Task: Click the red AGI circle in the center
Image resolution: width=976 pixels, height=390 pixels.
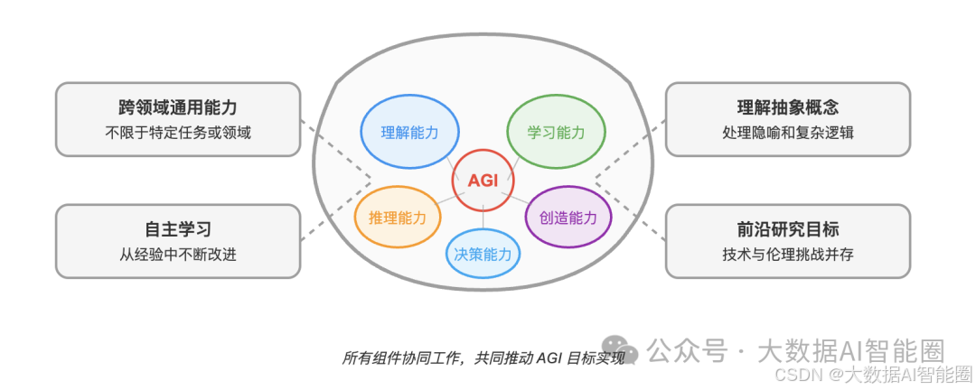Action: pos(483,180)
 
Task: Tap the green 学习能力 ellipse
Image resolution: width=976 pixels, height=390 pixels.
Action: pos(556,133)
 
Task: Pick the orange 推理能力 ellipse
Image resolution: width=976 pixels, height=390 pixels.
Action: pos(398,217)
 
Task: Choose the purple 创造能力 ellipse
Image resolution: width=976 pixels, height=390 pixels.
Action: pos(568,217)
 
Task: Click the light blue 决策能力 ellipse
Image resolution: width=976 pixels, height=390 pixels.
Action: pos(483,254)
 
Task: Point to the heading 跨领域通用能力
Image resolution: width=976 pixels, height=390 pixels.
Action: pos(178,107)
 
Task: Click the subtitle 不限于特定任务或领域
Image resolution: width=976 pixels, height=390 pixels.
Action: pos(178,133)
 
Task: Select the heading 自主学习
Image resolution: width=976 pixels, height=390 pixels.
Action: pos(178,229)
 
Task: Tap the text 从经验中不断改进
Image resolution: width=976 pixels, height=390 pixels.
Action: pos(178,255)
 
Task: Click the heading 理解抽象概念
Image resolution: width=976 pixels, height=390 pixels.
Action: pos(788,107)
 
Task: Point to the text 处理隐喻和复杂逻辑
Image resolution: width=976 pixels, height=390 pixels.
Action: pos(788,133)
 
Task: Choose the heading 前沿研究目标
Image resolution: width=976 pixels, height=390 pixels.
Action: pos(788,229)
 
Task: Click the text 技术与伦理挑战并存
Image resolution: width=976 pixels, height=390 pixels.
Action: pos(788,255)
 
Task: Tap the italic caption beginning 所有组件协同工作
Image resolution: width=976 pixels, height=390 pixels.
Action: pos(483,357)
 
